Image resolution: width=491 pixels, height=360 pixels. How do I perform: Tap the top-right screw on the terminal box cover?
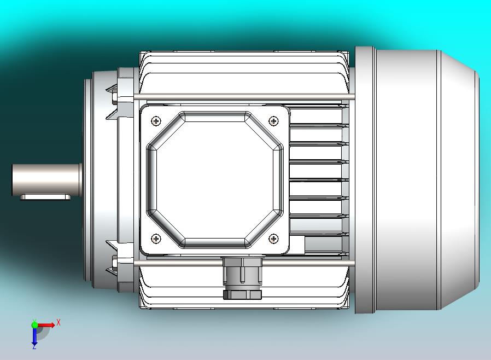click(273, 120)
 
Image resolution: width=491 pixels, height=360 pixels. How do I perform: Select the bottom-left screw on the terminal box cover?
click(157, 238)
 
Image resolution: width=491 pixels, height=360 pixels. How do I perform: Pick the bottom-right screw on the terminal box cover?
click(273, 238)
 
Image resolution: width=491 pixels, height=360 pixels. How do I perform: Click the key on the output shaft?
click(46, 197)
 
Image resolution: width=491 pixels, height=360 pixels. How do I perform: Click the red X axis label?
click(59, 322)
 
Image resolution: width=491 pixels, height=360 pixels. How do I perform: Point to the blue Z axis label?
click(34, 346)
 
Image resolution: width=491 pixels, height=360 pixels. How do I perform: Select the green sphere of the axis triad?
click(34, 324)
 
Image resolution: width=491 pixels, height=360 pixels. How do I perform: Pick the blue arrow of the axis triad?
click(34, 335)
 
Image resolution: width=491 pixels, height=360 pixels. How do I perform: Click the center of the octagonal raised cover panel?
click(215, 179)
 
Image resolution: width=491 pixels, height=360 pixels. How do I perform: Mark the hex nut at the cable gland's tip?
click(242, 294)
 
